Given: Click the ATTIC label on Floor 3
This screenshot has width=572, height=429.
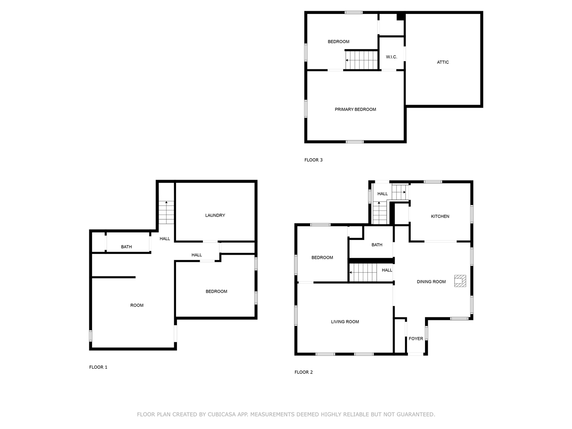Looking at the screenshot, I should click(x=442, y=62).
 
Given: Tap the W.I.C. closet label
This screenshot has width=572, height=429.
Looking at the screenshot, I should click(x=391, y=57).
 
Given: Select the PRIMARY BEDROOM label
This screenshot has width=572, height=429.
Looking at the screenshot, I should click(x=355, y=109).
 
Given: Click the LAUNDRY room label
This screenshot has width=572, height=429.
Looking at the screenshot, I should click(x=215, y=215).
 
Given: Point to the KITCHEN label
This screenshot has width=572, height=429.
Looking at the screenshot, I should click(x=440, y=216).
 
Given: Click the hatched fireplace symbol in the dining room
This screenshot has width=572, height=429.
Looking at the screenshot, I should click(x=460, y=281).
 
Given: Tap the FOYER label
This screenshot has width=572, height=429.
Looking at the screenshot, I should click(x=416, y=339).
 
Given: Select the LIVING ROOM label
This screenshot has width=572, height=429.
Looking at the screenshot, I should click(x=345, y=322).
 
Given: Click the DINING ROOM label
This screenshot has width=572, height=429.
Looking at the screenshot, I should click(x=431, y=282).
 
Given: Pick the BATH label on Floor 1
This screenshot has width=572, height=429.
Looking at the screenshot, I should click(x=126, y=247).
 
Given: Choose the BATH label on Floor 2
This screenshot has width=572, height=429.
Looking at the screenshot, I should click(x=377, y=245).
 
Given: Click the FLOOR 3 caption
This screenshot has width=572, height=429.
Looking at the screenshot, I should click(x=313, y=160).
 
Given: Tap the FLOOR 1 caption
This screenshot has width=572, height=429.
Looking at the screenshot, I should click(x=98, y=367).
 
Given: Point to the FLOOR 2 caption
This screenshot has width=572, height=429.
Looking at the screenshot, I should click(x=303, y=372).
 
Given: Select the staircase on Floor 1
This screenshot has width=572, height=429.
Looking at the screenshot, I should click(x=166, y=213).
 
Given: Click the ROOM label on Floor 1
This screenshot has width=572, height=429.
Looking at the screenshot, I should click(x=137, y=305).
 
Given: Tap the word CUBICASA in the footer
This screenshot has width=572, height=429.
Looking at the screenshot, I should click(x=223, y=415).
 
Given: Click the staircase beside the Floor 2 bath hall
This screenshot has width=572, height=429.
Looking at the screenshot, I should click(x=364, y=272).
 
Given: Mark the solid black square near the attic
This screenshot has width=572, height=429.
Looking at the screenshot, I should click(x=400, y=17).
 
